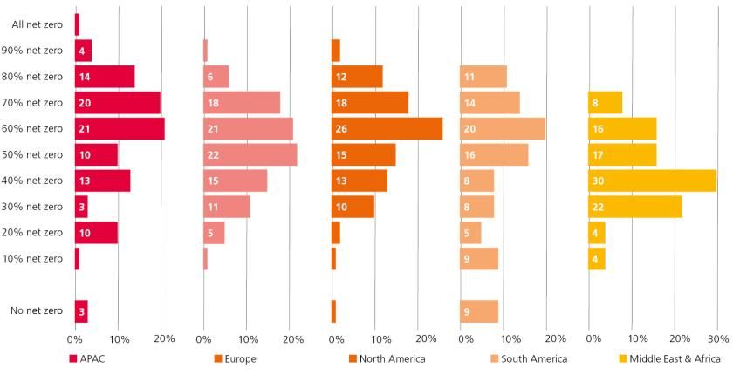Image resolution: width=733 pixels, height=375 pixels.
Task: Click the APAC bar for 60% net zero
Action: tap(120, 128)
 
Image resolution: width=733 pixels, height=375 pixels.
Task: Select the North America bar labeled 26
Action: tap(387, 128)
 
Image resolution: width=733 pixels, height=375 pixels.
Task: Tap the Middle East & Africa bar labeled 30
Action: tap(652, 181)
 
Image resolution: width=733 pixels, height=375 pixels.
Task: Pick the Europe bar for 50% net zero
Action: tap(250, 154)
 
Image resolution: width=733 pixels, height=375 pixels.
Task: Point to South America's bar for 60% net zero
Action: tap(503, 128)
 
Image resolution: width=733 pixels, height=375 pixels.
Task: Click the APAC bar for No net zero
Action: tap(81, 311)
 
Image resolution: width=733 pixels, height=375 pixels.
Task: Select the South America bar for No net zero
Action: tap(479, 311)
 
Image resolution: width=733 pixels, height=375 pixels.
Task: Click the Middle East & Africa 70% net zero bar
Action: tap(606, 103)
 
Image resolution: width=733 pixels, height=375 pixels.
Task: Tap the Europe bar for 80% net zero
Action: tap(216, 77)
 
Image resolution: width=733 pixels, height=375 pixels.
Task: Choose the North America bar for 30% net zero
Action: tap(353, 207)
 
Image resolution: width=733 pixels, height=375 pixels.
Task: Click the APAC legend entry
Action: tap(87, 358)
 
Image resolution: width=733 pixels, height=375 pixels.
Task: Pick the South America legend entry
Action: tap(530, 358)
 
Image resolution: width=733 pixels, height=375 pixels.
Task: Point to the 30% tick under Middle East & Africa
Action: tap(716, 338)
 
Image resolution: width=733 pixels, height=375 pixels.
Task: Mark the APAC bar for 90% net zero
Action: tap(83, 51)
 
